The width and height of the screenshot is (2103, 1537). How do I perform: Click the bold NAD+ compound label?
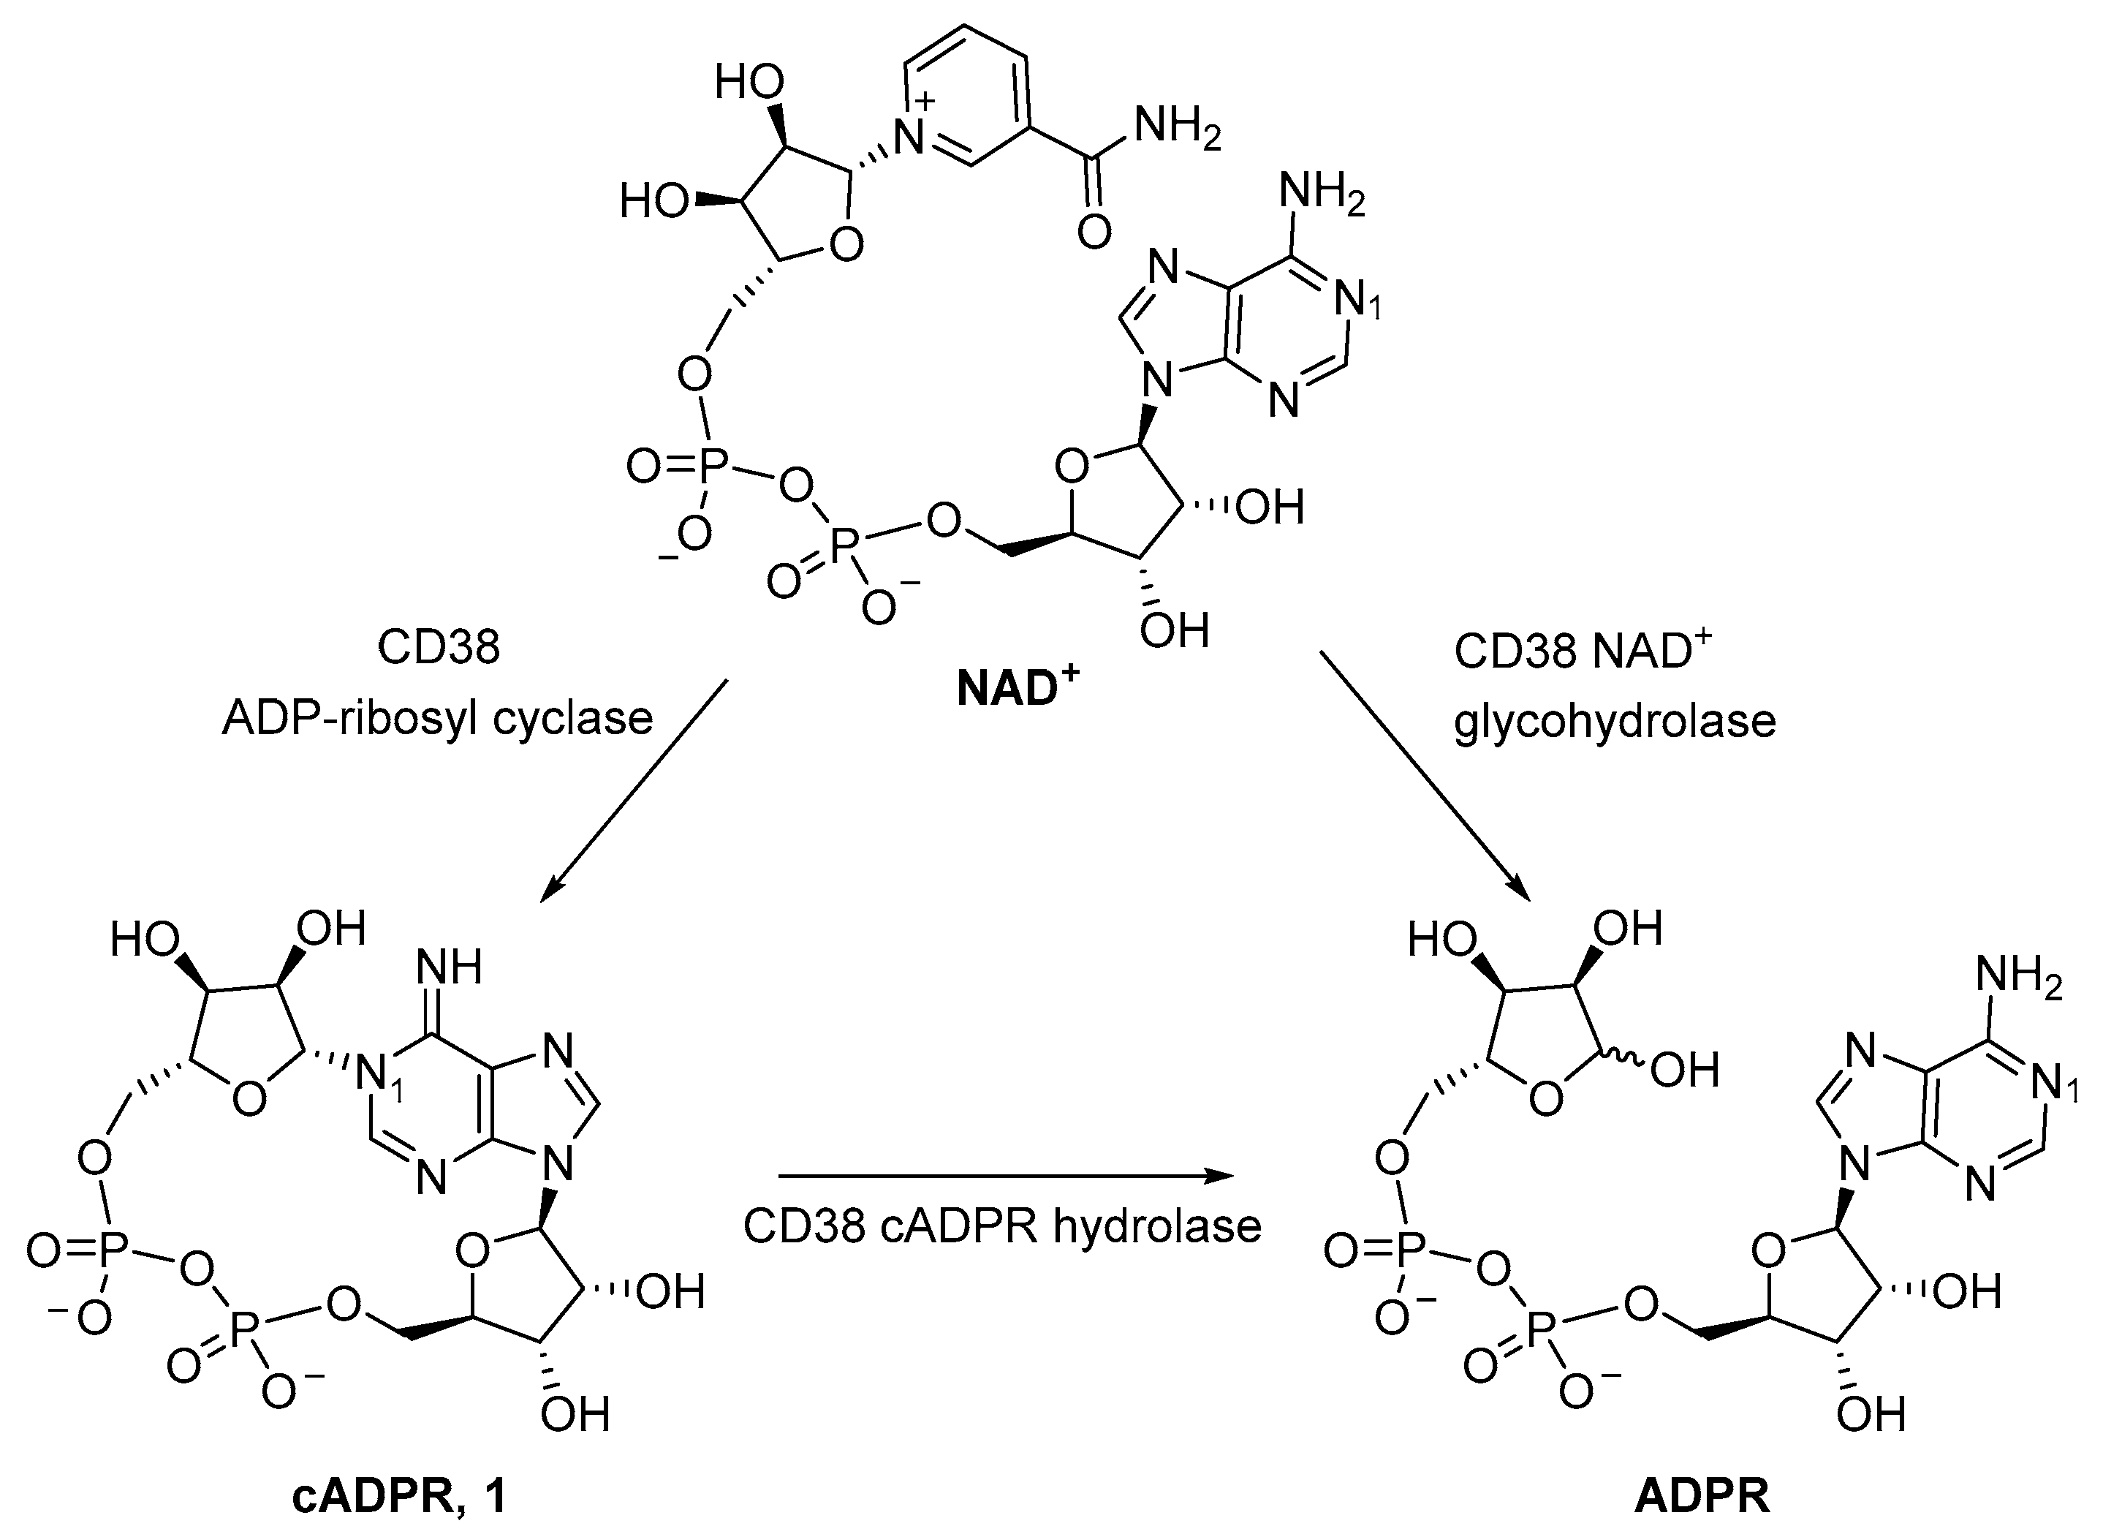(1018, 690)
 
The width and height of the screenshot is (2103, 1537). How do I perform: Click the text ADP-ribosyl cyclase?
(437, 718)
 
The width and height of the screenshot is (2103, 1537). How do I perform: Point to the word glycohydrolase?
(1615, 722)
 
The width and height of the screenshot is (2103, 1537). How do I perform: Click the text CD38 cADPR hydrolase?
(1001, 1226)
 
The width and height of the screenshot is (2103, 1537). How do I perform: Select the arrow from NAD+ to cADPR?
(632, 791)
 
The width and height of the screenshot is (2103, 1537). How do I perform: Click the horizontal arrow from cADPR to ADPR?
(1004, 1176)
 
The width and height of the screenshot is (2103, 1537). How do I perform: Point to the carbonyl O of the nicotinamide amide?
(1095, 232)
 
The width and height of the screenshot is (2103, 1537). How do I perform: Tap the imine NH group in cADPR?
(450, 967)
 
